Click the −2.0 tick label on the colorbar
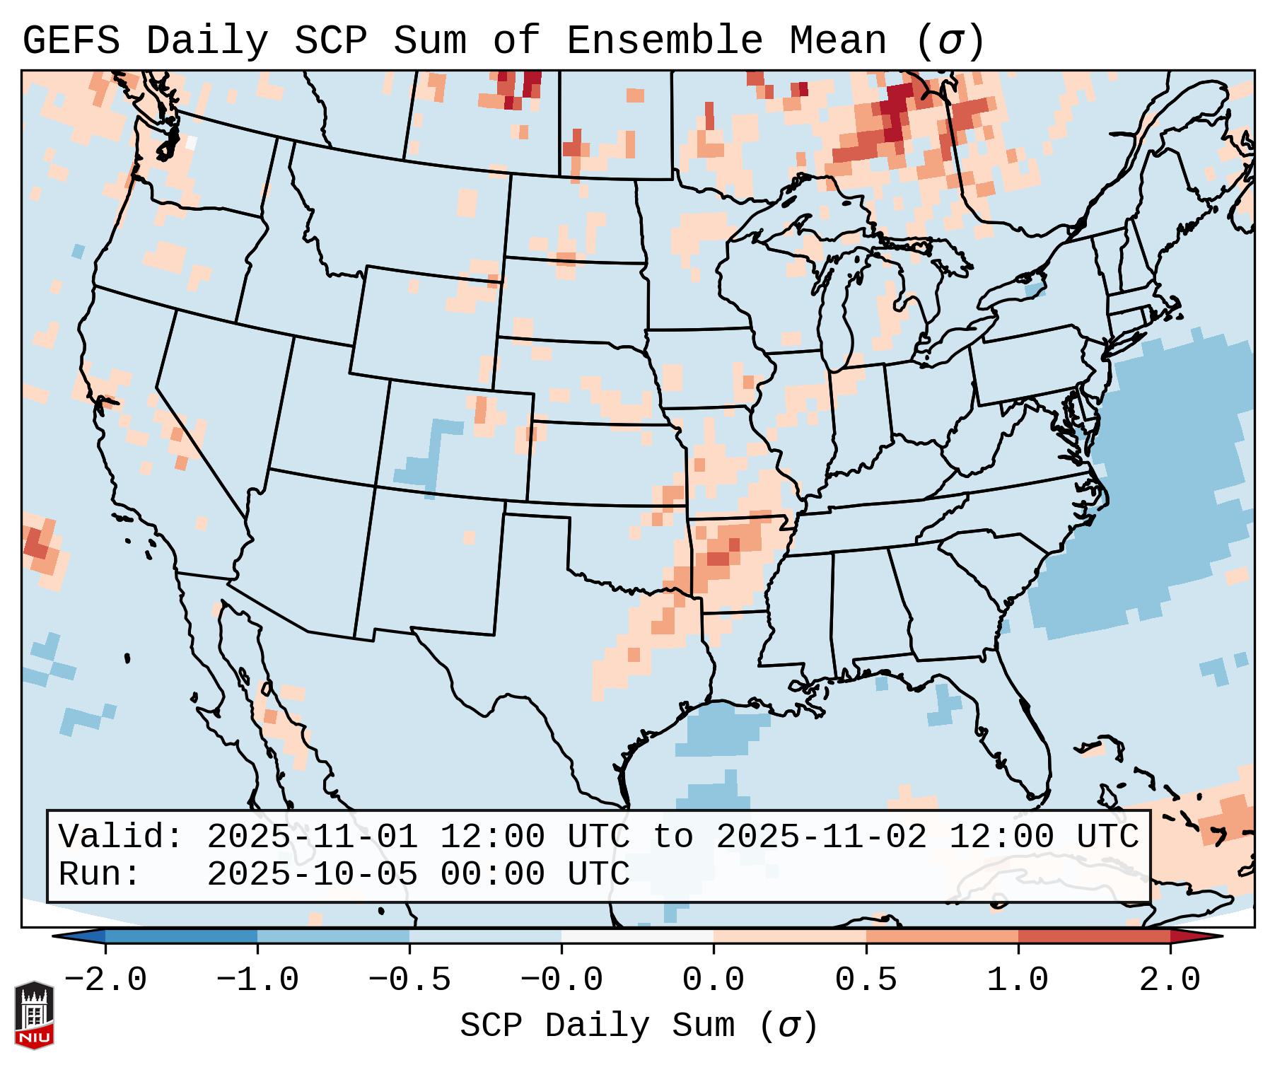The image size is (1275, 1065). point(105,980)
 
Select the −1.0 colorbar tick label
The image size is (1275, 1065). point(257,980)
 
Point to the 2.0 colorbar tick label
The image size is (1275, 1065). point(1170,980)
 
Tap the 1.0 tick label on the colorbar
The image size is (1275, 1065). point(1018,980)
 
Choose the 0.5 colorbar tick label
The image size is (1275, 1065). point(866,980)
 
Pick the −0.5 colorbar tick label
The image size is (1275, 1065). point(409,980)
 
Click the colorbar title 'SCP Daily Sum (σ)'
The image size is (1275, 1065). point(639,1026)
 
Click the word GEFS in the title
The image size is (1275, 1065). point(71,41)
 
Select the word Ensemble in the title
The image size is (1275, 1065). point(664,41)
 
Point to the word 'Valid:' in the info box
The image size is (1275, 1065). point(121,837)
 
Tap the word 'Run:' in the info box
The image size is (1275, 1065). point(100,874)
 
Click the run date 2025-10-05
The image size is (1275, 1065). point(312,874)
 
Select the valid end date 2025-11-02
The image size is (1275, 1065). point(821,837)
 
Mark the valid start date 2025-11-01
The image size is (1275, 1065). point(312,837)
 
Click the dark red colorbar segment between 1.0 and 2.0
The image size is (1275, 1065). point(1094,936)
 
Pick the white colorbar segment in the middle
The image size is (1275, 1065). point(637,936)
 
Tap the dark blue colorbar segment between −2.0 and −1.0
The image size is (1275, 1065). point(181,936)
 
